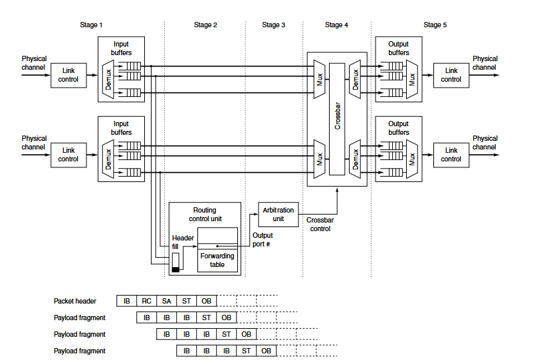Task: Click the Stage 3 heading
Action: point(273,25)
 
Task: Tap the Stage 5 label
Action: point(435,25)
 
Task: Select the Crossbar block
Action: point(337,119)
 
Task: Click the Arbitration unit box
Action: point(278,215)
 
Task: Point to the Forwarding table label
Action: point(217,260)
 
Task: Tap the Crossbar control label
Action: point(320,224)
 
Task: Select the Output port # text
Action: point(263,240)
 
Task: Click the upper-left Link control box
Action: point(68,76)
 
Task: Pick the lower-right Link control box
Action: point(451,155)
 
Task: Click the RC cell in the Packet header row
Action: point(146,301)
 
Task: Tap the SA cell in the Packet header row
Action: point(167,301)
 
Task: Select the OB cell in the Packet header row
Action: point(207,301)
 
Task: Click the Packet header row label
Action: point(75,301)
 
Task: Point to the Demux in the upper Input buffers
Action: point(108,80)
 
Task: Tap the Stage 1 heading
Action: point(91,25)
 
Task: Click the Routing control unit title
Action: point(205,215)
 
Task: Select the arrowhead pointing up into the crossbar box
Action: point(337,190)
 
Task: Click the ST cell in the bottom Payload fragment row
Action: point(247,351)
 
